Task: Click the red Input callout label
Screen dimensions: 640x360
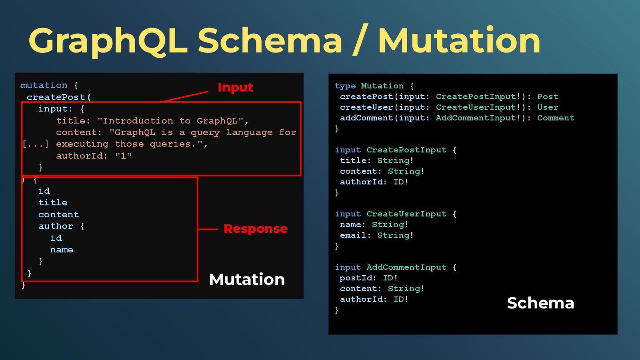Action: [x=235, y=88]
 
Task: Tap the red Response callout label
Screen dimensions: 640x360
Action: [x=255, y=229]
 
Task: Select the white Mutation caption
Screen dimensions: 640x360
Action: [x=247, y=279]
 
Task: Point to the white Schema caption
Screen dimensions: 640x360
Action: [x=540, y=303]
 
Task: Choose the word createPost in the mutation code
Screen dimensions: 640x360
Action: [x=56, y=97]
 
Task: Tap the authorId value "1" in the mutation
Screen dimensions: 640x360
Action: [x=124, y=156]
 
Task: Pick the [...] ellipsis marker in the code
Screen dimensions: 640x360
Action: [x=36, y=144]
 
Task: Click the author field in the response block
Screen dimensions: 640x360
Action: [x=56, y=226]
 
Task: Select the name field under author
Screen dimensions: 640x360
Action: [x=61, y=249]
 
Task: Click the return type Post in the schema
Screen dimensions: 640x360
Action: [x=548, y=96]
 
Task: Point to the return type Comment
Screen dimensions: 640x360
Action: [x=556, y=118]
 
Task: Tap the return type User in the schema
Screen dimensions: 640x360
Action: [x=548, y=107]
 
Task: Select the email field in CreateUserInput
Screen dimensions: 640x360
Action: [x=353, y=235]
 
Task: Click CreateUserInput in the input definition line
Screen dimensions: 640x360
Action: [x=406, y=214]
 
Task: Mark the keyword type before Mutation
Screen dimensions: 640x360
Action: [x=345, y=86]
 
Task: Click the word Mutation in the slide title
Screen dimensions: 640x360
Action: [x=459, y=41]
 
